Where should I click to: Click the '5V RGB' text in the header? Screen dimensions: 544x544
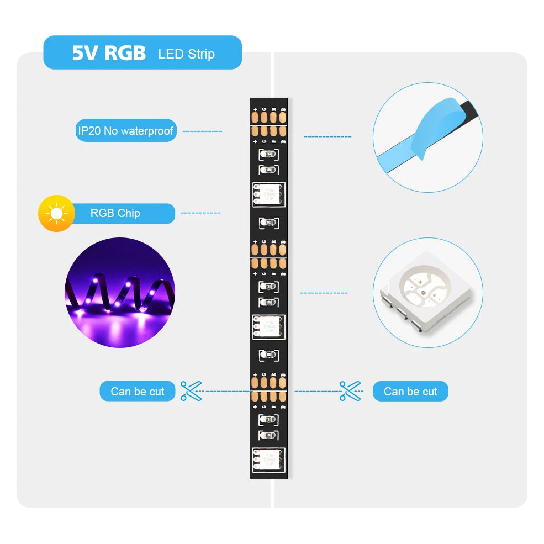point(108,53)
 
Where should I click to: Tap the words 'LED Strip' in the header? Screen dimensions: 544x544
point(186,54)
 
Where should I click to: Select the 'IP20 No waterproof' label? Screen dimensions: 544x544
point(125,131)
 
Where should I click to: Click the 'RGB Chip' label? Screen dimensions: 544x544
point(115,213)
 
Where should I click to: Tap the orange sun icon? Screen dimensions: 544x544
point(56,213)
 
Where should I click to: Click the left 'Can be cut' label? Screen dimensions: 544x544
point(138,392)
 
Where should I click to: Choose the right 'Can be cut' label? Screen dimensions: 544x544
point(410,392)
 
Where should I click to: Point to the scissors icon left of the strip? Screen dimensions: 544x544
point(192,391)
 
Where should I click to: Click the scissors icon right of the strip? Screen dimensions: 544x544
point(350,391)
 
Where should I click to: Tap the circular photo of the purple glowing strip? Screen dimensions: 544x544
point(119,293)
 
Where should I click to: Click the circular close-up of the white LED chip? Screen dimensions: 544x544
point(427,293)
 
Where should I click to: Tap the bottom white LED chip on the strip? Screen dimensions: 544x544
point(269,460)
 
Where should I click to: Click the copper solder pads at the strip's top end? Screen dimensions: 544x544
point(269,117)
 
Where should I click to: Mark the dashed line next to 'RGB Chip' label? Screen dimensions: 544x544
point(200,213)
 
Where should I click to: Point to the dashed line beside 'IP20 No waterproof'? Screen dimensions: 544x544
point(202,131)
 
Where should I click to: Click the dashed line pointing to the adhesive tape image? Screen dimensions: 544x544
point(328,136)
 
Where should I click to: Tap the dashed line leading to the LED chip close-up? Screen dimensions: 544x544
point(324,293)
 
